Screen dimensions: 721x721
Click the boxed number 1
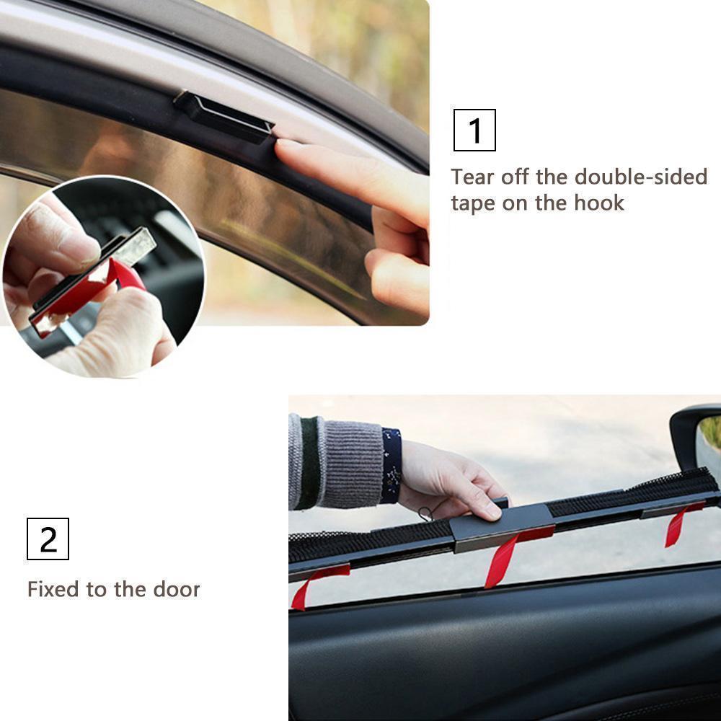[x=474, y=131]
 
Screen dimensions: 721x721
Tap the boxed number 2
[x=48, y=539]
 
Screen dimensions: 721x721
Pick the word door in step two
[x=177, y=589]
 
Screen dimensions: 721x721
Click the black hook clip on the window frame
[x=224, y=115]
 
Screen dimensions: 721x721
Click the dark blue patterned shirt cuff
[x=392, y=466]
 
